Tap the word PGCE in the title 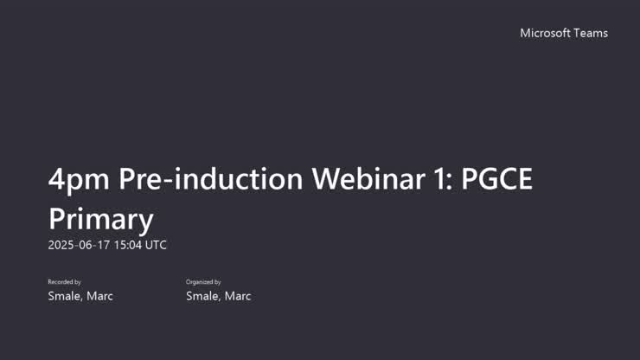[x=497, y=179]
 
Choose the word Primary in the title [x=100, y=218]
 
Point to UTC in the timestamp [x=156, y=245]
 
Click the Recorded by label [x=64, y=282]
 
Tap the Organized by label [x=203, y=282]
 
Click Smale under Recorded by [x=66, y=296]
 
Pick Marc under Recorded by [x=99, y=296]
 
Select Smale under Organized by [x=204, y=296]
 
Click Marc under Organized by [x=238, y=296]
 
